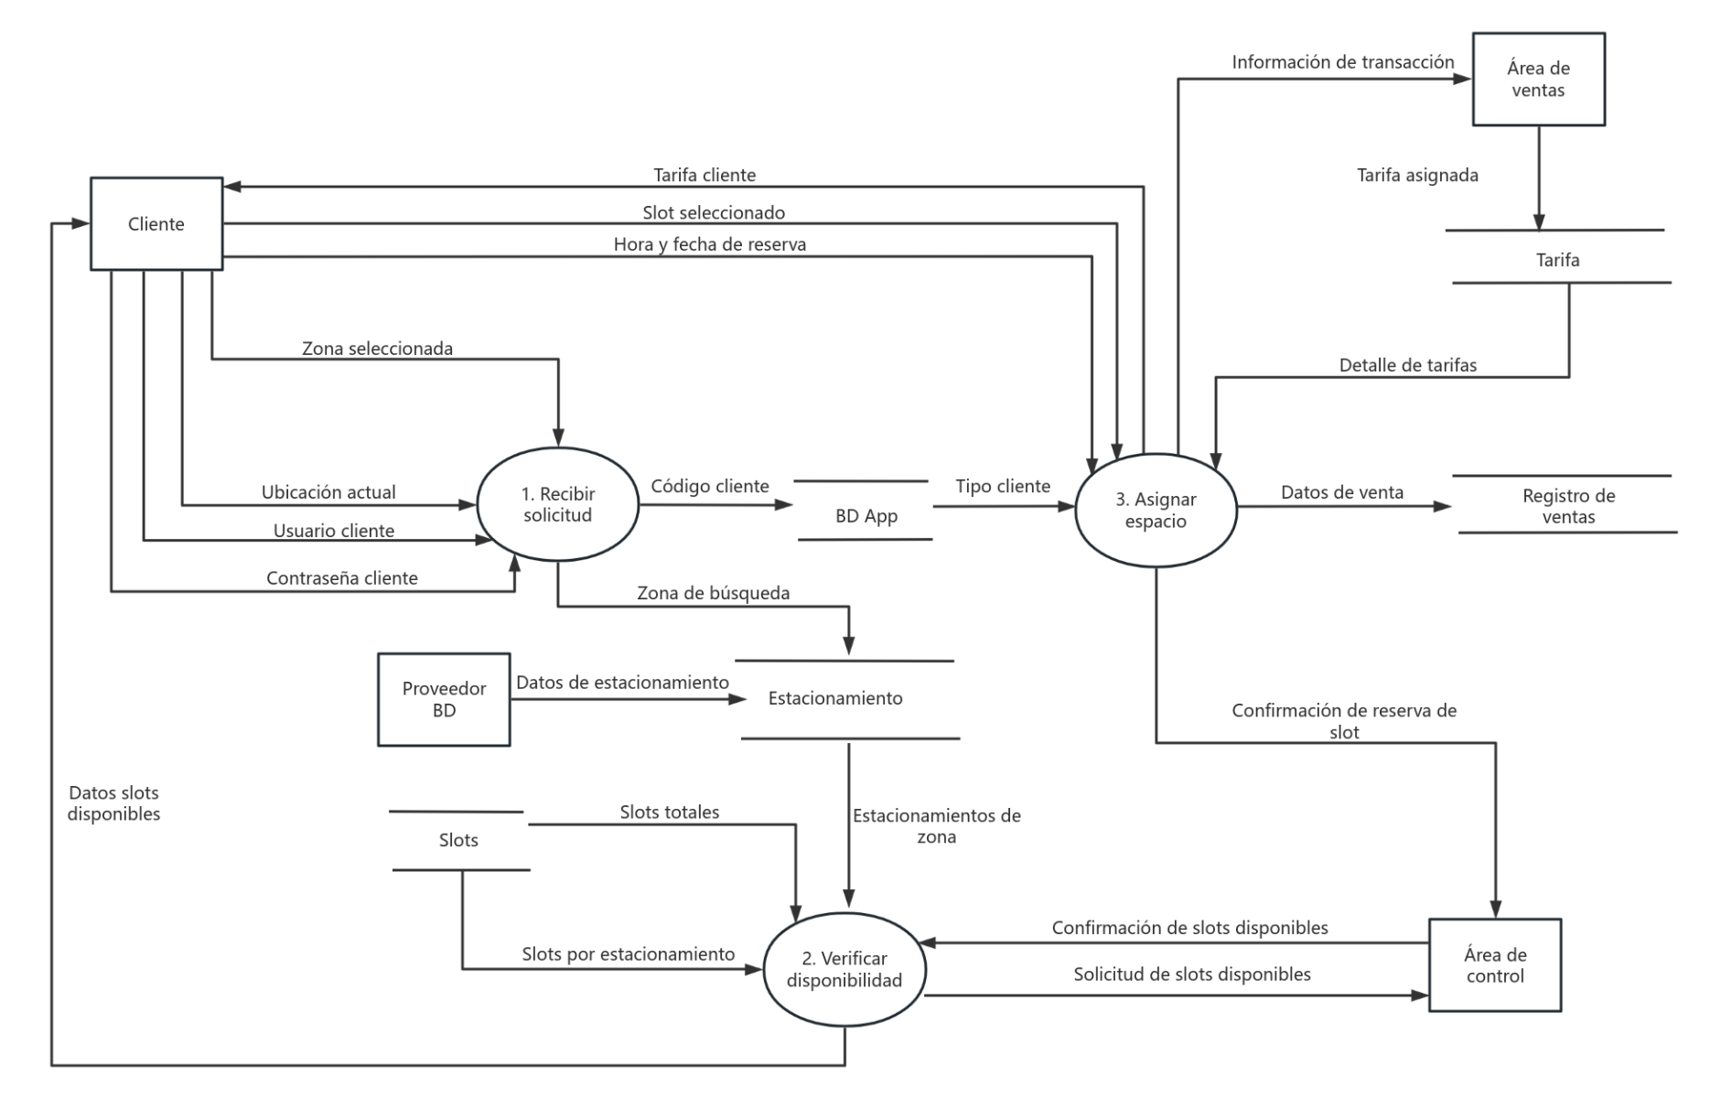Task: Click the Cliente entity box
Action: pyautogui.click(x=156, y=224)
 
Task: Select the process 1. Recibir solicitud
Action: pyautogui.click(x=557, y=504)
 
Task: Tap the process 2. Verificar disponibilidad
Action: pyautogui.click(x=844, y=969)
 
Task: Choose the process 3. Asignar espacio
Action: pyautogui.click(x=1156, y=511)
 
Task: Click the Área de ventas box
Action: pyautogui.click(x=1537, y=80)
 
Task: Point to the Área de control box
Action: pyautogui.click(x=1494, y=965)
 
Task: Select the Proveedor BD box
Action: pyautogui.click(x=444, y=700)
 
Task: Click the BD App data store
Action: pyautogui.click(x=866, y=515)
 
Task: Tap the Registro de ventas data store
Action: pyautogui.click(x=1567, y=506)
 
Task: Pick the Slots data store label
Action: pyautogui.click(x=458, y=840)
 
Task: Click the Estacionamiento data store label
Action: pyautogui.click(x=834, y=698)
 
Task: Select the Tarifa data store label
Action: pyautogui.click(x=1557, y=260)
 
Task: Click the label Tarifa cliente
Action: pyautogui.click(x=704, y=175)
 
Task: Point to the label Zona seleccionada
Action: pyautogui.click(x=377, y=349)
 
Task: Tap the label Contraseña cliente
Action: pyautogui.click(x=341, y=578)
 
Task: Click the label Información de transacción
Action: pyautogui.click(x=1342, y=62)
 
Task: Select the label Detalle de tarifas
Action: pyautogui.click(x=1407, y=365)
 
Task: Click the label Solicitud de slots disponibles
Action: pyautogui.click(x=1191, y=974)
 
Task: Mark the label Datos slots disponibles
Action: pyautogui.click(x=114, y=803)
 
